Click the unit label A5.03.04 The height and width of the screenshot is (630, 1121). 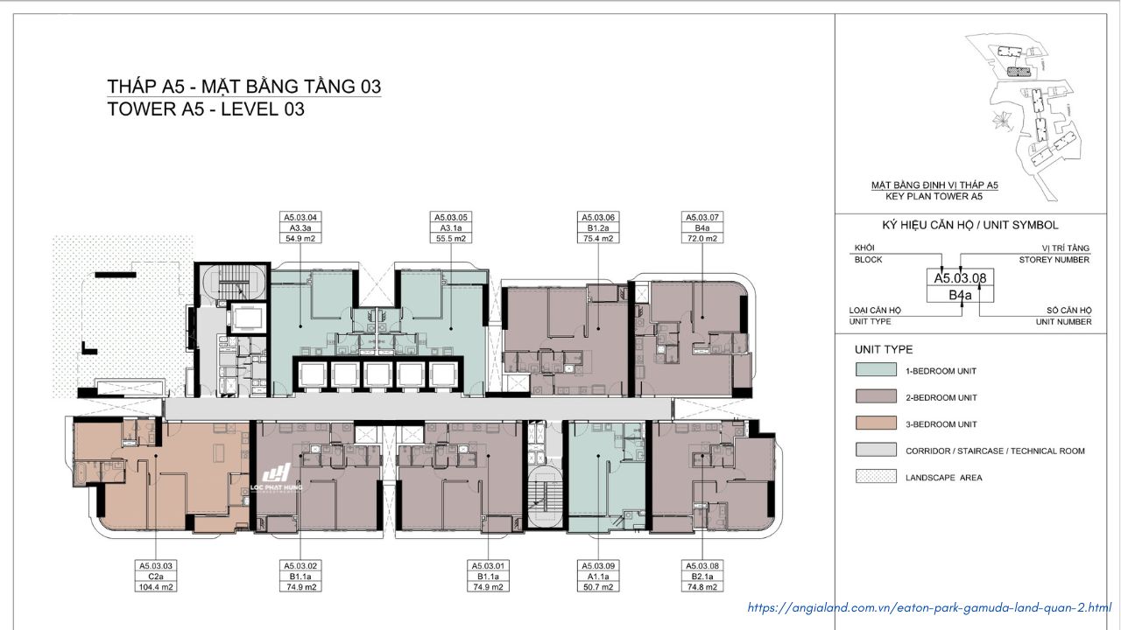coord(300,217)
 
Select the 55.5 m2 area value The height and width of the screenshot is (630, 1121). coord(451,239)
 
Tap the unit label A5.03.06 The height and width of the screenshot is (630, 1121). coord(598,217)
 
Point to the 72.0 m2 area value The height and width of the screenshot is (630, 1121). coord(702,239)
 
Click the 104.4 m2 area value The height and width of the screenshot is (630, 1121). coord(156,587)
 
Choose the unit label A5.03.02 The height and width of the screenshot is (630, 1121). coord(300,565)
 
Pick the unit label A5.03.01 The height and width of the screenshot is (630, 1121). coord(488,565)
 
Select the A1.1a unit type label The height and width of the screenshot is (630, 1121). coord(598,576)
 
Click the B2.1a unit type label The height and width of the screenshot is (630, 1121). coord(702,576)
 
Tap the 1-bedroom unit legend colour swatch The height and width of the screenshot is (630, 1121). coord(876,370)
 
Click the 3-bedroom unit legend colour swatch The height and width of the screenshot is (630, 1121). coord(876,423)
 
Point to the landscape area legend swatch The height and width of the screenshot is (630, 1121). coord(876,476)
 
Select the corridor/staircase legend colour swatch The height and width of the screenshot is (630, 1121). coord(876,450)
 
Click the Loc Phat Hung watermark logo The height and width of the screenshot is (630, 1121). coord(276,478)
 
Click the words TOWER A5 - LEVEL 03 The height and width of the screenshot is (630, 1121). coord(206,109)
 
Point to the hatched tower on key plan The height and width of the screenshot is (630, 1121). coord(1019,72)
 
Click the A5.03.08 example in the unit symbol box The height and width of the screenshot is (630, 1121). coord(960,278)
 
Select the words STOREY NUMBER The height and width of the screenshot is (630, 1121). coord(1054,260)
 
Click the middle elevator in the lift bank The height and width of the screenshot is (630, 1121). coord(377,375)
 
